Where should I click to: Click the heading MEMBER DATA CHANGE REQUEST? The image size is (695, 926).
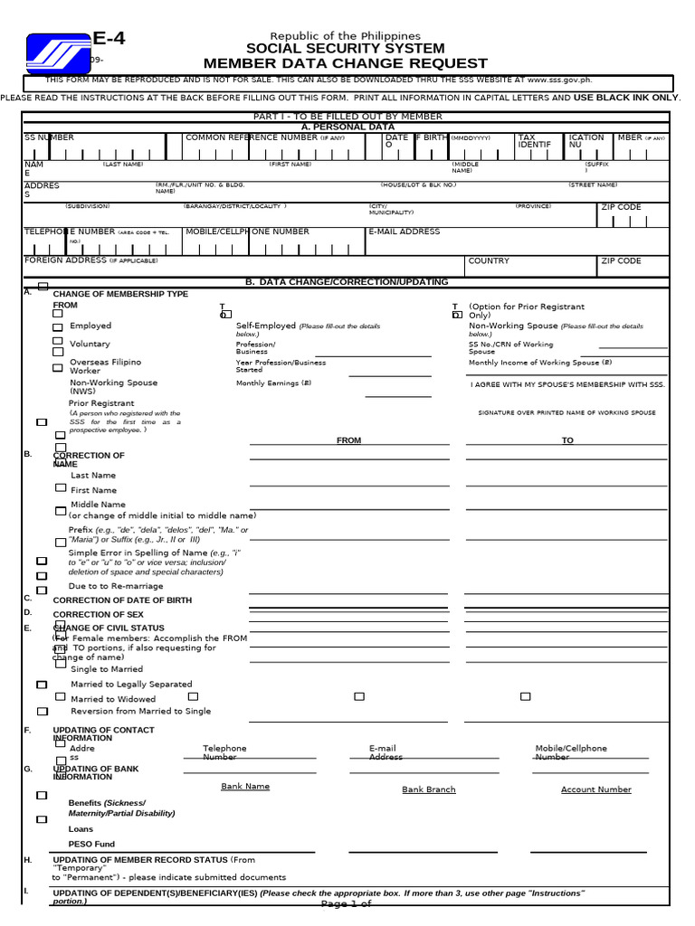pyautogui.click(x=345, y=63)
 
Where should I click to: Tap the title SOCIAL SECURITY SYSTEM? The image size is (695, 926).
pyautogui.click(x=345, y=49)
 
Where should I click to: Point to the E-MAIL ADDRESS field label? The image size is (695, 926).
pyautogui.click(x=405, y=231)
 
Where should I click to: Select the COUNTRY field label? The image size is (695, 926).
pyautogui.click(x=489, y=260)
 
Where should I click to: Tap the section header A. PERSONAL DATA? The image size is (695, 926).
pyautogui.click(x=347, y=128)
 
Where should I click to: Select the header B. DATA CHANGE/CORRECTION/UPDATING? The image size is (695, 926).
pyautogui.click(x=347, y=282)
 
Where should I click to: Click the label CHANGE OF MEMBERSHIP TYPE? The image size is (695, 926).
pyautogui.click(x=120, y=295)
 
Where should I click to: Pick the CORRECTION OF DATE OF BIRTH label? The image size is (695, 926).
pyautogui.click(x=122, y=600)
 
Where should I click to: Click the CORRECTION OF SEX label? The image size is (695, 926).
pyautogui.click(x=98, y=615)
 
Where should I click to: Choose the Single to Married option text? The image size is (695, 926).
pyautogui.click(x=107, y=669)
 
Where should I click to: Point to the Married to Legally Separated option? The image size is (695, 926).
pyautogui.click(x=131, y=685)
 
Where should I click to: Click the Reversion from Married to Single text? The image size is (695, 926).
pyautogui.click(x=140, y=711)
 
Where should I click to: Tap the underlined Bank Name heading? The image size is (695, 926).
pyautogui.click(x=245, y=787)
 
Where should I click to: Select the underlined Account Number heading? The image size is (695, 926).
pyautogui.click(x=595, y=789)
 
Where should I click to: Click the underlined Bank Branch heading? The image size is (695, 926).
pyautogui.click(x=428, y=789)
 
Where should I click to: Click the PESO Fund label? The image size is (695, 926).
pyautogui.click(x=91, y=844)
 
